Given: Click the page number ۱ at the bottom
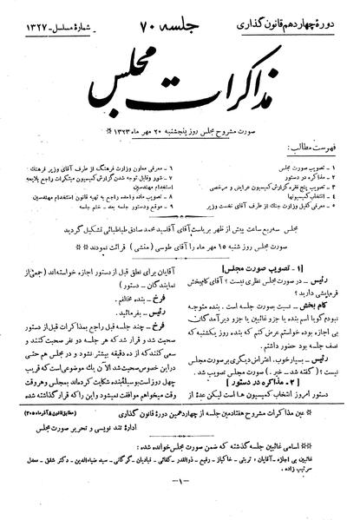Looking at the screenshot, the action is coord(180,506).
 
